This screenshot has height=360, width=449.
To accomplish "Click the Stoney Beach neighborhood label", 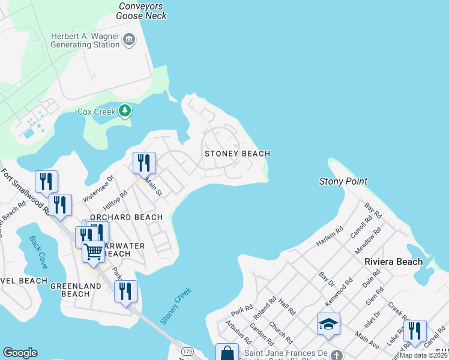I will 237,154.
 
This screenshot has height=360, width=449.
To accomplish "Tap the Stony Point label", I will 343,181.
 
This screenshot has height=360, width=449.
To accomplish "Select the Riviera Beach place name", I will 393,262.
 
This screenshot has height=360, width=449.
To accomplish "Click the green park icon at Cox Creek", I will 125,110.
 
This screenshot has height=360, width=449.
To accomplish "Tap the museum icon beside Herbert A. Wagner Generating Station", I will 128,40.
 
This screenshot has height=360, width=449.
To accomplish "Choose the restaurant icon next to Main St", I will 144,163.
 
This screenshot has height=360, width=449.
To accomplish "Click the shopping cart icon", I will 94,251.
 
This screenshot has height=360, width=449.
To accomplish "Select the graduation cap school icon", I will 328,325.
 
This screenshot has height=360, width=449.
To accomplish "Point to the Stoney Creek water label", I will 176,307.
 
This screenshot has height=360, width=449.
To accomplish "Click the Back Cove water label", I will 38,251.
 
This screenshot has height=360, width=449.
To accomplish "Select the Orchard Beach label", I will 126,217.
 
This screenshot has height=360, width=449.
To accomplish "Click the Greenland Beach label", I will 76,290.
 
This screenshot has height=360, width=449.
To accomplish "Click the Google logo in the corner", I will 20,353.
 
